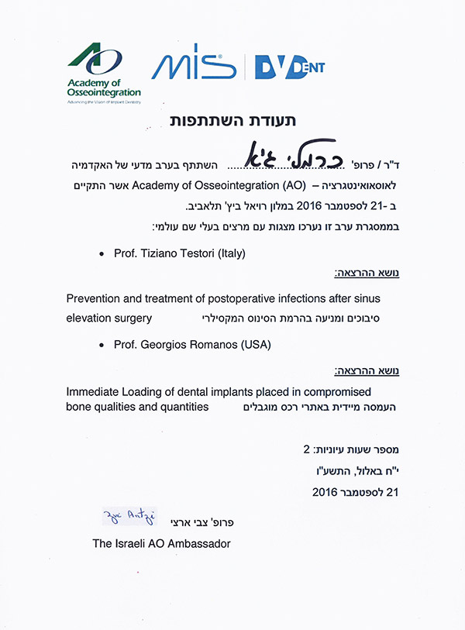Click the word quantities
pyautogui.click(x=184, y=407)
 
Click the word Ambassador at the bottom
pyautogui.click(x=199, y=544)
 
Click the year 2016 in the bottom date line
pyautogui.click(x=325, y=491)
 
